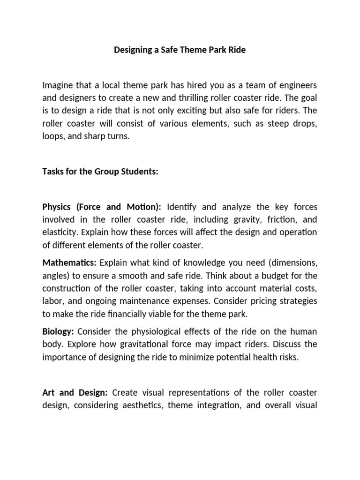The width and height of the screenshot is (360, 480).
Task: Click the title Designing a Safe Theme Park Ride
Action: click(180, 50)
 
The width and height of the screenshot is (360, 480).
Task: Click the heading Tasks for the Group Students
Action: click(100, 172)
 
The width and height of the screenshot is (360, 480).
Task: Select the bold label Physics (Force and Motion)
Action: click(102, 207)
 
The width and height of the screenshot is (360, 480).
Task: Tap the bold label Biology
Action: click(58, 331)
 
